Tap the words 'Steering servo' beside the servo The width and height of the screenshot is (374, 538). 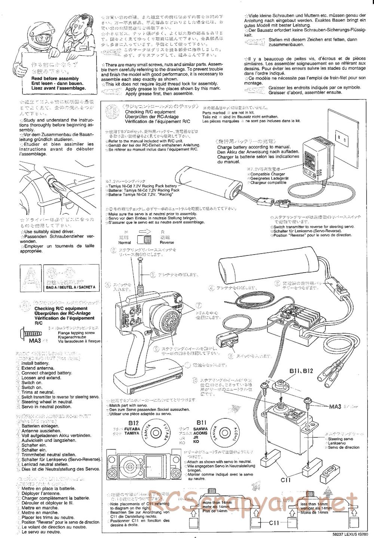(x=340, y=439)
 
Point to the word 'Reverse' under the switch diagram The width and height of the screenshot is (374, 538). (x=167, y=242)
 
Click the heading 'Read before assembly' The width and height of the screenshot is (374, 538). (x=55, y=79)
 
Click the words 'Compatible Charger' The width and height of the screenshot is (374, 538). (x=267, y=174)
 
